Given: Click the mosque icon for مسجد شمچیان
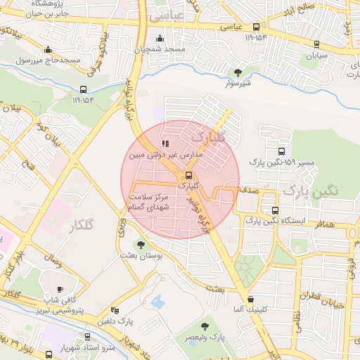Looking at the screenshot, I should tap(161, 38).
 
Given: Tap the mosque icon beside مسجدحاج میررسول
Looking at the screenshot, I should tap(48, 49).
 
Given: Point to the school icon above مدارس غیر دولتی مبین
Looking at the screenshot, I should tap(166, 134).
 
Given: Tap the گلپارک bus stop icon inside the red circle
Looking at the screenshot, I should tap(188, 175).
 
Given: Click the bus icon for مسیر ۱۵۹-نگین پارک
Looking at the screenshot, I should tap(281, 151).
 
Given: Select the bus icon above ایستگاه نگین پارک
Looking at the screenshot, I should tap(275, 210).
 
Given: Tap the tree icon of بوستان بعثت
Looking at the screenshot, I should tap(141, 245).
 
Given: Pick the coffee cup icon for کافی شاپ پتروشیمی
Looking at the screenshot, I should tap(60, 289).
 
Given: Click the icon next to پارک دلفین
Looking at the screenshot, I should tap(115, 309).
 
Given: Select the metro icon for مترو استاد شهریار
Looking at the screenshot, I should tap(87, 337).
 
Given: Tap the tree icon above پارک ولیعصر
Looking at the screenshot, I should tap(205, 326).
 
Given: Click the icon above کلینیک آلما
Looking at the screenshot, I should tap(250, 299).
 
